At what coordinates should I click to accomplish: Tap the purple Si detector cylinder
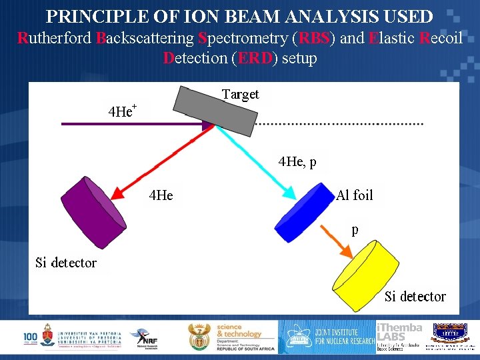(x=93, y=207)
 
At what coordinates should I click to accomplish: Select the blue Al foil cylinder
(x=304, y=213)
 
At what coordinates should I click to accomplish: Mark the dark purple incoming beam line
(x=120, y=123)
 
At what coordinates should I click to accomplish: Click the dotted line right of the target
(x=340, y=124)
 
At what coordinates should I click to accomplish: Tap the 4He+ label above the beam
(x=123, y=111)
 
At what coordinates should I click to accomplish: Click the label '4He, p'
(x=297, y=161)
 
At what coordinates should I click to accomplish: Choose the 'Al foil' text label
(x=355, y=195)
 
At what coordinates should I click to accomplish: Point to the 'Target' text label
(x=240, y=94)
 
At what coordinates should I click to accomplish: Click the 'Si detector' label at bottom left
(x=66, y=263)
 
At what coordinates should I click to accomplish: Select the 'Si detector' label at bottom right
(x=415, y=296)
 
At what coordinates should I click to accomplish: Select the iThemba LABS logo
(x=399, y=337)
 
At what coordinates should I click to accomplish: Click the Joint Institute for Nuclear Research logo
(x=327, y=337)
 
